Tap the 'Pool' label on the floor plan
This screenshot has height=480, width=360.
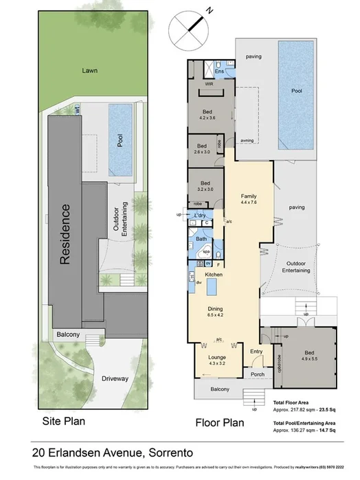click(297, 90)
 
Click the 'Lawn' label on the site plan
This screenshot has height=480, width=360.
click(87, 70)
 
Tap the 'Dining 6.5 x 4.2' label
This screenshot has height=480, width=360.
click(215, 312)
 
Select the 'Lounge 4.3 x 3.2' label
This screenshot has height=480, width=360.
click(216, 360)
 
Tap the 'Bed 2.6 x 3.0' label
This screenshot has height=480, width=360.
click(202, 149)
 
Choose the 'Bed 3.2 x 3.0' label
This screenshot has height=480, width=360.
click(205, 185)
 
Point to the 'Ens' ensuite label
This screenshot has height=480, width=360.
click(220, 71)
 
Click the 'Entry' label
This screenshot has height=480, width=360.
click(256, 352)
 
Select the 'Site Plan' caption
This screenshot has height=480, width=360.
click(63, 421)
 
